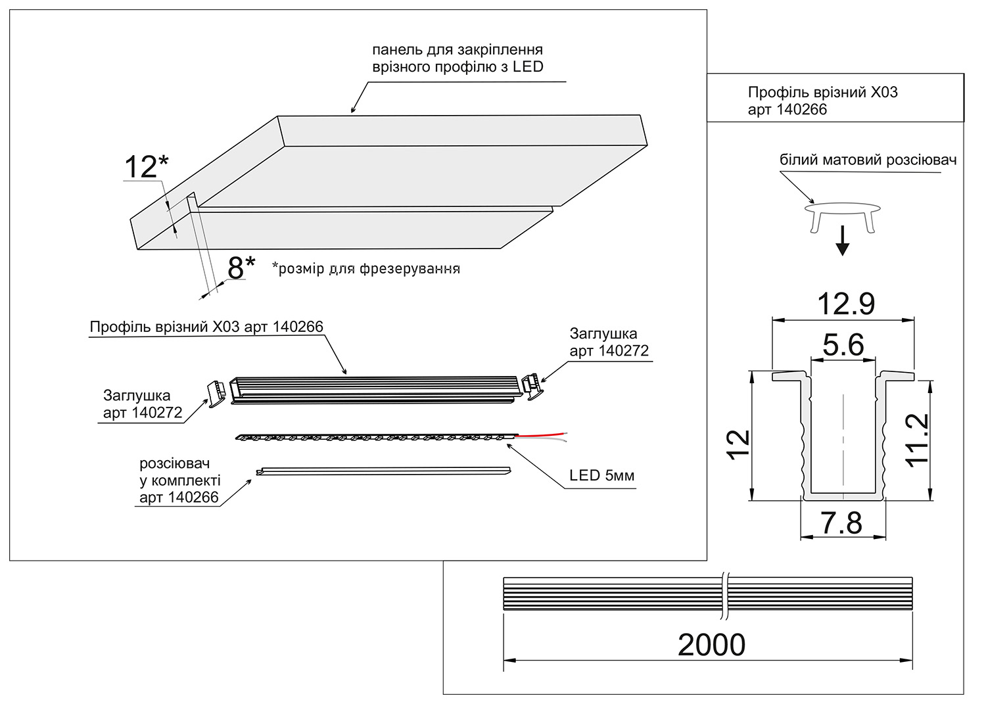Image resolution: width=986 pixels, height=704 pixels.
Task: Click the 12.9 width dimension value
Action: (845, 304)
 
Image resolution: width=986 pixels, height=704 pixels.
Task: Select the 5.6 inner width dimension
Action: (843, 344)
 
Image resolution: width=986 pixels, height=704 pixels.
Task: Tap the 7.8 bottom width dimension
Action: (841, 523)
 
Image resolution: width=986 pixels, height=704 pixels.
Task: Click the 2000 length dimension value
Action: (711, 645)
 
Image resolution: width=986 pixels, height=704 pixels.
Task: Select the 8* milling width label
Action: (241, 268)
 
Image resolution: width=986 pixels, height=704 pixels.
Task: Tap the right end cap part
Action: (531, 386)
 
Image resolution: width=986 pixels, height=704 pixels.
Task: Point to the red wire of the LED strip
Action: (542, 434)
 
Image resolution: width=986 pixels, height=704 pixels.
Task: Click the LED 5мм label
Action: (601, 475)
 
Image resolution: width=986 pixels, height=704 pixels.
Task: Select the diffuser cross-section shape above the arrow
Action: (843, 214)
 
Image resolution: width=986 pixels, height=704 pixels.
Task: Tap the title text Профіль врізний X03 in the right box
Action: (822, 93)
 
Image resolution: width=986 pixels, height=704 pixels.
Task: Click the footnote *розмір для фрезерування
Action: (366, 268)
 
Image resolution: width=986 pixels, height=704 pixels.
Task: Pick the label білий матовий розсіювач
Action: (868, 160)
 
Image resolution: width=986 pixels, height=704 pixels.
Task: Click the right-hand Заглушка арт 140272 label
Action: (609, 342)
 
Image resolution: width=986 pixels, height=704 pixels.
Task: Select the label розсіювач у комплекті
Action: (179, 481)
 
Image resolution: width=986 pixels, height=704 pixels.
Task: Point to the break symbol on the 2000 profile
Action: (724, 594)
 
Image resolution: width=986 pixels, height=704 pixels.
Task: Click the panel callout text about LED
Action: (457, 59)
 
